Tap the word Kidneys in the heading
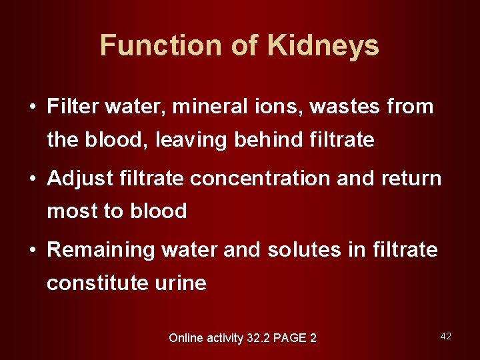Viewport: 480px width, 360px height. pyautogui.click(x=323, y=46)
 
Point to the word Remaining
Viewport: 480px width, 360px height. pyautogui.click(x=101, y=250)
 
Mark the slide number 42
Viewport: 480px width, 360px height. pyautogui.click(x=446, y=336)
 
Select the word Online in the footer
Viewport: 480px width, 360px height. pyautogui.click(x=187, y=338)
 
